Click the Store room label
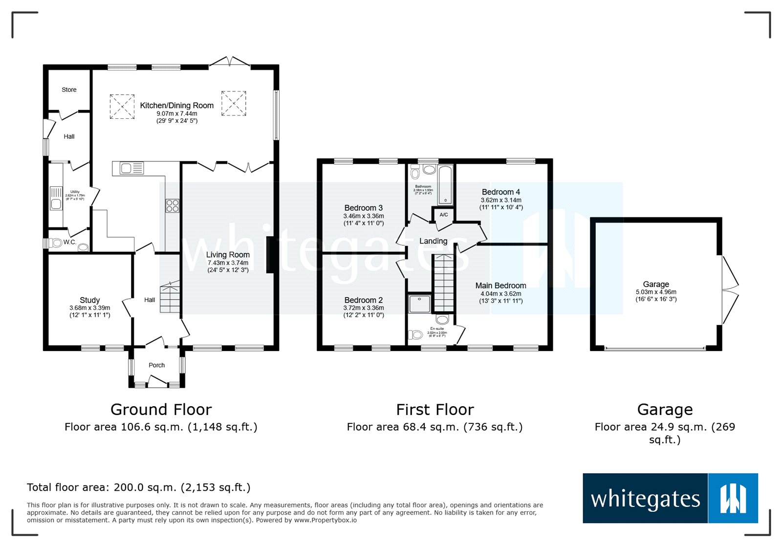(x=69, y=90)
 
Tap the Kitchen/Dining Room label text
(x=176, y=105)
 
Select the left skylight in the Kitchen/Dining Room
(x=122, y=107)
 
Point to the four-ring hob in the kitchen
(x=172, y=206)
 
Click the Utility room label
(x=75, y=192)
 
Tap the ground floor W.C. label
(x=69, y=242)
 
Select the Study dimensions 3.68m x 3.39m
(x=89, y=308)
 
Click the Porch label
(x=156, y=365)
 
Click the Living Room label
(x=228, y=255)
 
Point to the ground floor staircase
(x=170, y=297)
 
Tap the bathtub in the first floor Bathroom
(x=445, y=185)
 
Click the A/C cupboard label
(x=443, y=215)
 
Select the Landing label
(x=433, y=241)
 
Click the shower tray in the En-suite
(x=419, y=304)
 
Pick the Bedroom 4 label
(x=500, y=192)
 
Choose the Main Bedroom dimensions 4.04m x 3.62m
(x=500, y=294)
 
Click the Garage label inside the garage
(x=655, y=284)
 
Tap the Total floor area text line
(x=138, y=487)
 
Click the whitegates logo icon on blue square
(x=733, y=498)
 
